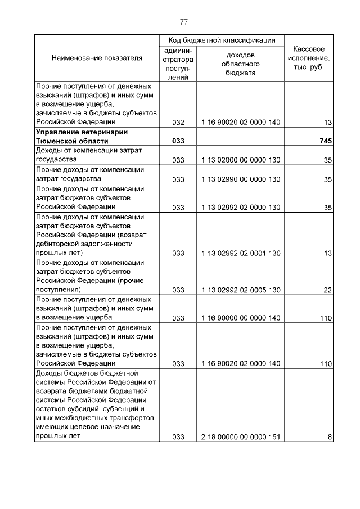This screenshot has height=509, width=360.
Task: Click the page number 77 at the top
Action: click(183, 22)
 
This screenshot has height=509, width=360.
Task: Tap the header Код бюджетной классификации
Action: click(222, 40)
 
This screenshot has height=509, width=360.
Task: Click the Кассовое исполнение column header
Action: click(309, 58)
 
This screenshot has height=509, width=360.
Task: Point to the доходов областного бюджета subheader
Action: click(240, 64)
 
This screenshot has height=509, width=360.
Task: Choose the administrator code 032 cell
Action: click(178, 122)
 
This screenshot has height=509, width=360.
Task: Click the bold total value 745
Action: click(325, 141)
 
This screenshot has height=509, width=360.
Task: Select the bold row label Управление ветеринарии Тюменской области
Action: click(82, 137)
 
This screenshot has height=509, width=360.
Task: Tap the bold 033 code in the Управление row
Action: click(178, 141)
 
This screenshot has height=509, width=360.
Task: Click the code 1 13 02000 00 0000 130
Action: click(240, 160)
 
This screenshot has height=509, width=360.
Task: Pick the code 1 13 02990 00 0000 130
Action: click(240, 179)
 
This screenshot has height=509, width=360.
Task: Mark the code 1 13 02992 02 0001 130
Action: click(240, 253)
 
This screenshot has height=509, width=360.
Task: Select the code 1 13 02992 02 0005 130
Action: click(240, 290)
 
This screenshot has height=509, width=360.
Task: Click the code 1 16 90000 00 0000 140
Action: click(240, 318)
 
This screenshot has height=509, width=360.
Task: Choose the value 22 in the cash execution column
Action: click(327, 290)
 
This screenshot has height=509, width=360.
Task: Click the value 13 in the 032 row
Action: click(327, 122)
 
